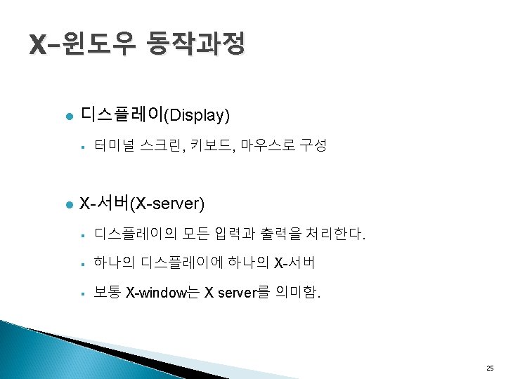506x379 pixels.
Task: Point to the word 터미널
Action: (x=115, y=146)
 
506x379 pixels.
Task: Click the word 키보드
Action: (x=209, y=146)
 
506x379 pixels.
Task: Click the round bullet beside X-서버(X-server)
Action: (x=68, y=205)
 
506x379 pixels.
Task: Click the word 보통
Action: (x=107, y=293)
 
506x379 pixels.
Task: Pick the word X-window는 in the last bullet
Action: (x=162, y=293)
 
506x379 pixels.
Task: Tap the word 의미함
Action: (x=298, y=293)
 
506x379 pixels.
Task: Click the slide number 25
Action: (x=490, y=368)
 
